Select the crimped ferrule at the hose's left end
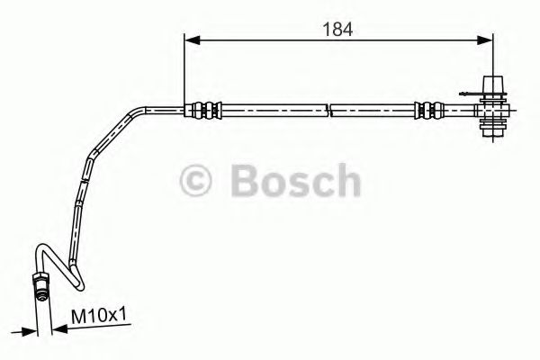point(202,111)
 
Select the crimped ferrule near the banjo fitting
point(426,112)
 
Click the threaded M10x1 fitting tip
point(41,289)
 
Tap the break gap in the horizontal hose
point(328,112)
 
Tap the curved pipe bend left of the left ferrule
point(144,113)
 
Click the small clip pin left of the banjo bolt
point(469,94)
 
